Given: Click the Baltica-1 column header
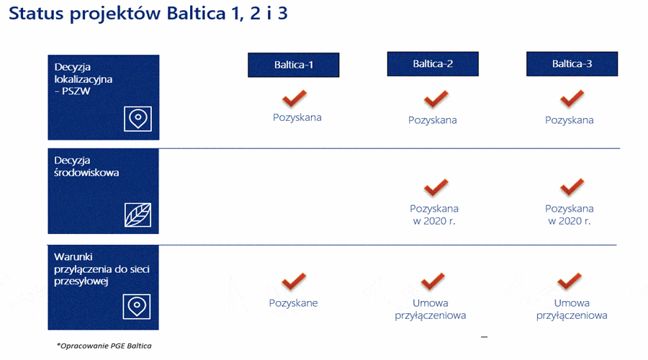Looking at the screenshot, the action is click(294, 65).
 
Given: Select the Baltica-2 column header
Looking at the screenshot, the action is click(433, 64).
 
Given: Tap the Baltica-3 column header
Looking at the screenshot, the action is click(572, 64).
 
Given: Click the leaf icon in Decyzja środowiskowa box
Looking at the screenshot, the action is click(138, 215).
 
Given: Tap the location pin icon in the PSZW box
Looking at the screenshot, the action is click(138, 119).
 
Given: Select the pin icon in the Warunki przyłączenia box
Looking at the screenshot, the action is click(136, 307).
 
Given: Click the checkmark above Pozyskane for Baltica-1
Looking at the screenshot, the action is click(294, 281).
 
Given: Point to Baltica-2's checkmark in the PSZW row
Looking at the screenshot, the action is click(436, 99).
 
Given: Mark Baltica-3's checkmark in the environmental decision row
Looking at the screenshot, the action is click(572, 186).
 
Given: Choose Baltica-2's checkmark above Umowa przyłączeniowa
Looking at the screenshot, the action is click(433, 281).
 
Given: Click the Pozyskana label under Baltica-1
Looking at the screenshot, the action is click(297, 117).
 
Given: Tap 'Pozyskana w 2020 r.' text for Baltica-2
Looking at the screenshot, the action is click(434, 215).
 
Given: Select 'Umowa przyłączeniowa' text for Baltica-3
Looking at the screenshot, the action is click(572, 309).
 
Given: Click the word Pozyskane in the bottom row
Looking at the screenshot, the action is click(294, 303).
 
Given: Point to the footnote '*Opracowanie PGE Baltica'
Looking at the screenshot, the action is click(104, 346).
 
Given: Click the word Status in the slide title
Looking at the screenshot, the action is click(37, 13).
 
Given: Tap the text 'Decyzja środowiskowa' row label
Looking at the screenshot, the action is click(86, 166).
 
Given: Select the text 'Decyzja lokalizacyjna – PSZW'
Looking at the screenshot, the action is click(83, 79).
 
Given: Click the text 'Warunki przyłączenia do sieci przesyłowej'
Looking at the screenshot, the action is click(102, 269).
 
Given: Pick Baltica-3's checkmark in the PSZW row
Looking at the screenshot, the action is click(572, 99).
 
